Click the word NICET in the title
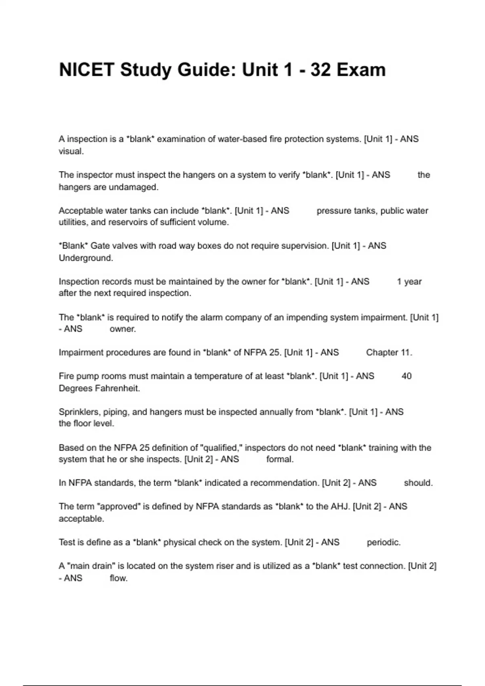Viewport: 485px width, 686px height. point(86,70)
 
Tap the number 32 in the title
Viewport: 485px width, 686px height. point(321,70)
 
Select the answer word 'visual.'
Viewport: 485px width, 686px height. point(71,151)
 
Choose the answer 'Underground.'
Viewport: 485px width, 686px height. point(86,258)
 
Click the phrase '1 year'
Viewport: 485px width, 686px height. point(409,282)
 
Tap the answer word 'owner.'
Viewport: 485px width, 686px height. point(122,329)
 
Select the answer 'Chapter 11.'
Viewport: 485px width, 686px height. point(389,352)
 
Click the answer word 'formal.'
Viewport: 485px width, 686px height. point(280,459)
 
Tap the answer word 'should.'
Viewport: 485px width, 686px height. point(418,483)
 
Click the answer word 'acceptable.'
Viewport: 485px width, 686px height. point(81,519)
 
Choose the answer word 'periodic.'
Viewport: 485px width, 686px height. point(384,542)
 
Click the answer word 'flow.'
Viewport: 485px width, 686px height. point(118,578)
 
